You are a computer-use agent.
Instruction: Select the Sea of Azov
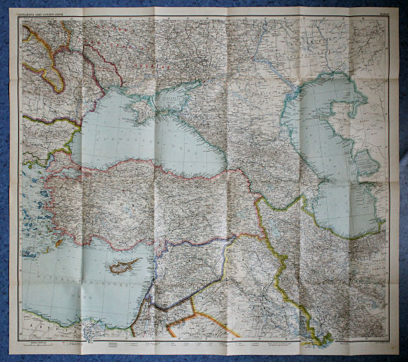[x=169, y=99]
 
